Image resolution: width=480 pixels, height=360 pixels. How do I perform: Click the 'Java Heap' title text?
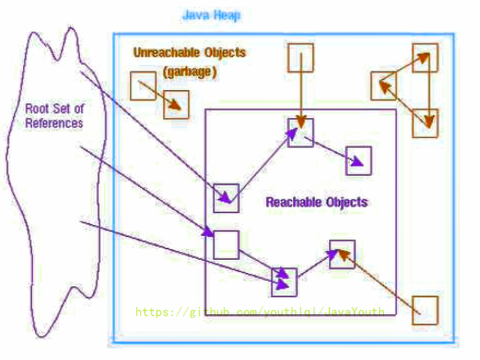tap(211, 15)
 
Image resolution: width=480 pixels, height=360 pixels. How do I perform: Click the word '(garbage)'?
tap(190, 72)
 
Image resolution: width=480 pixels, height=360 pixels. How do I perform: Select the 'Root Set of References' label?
tap(54, 116)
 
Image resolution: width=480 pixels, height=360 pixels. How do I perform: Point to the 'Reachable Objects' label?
tap(317, 202)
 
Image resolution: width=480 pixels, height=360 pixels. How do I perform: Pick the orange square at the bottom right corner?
tap(426, 310)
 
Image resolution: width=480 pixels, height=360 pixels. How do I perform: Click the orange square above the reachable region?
tap(301, 58)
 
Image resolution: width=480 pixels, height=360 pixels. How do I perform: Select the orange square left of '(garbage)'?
tap(143, 86)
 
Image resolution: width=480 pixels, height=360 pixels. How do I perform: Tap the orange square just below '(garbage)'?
tap(176, 105)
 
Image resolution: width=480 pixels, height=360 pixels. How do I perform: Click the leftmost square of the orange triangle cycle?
tap(384, 86)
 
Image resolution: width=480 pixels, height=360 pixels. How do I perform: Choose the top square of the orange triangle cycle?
tap(425, 57)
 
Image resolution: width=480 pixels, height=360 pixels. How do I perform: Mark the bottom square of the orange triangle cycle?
tap(425, 123)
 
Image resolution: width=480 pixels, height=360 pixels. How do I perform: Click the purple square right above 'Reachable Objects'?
tap(359, 161)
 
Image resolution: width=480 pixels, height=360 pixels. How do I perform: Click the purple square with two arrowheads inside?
tap(284, 282)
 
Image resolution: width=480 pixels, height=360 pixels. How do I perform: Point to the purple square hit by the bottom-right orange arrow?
tap(342, 254)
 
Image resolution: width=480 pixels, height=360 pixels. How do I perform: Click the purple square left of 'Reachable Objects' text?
tap(226, 198)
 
